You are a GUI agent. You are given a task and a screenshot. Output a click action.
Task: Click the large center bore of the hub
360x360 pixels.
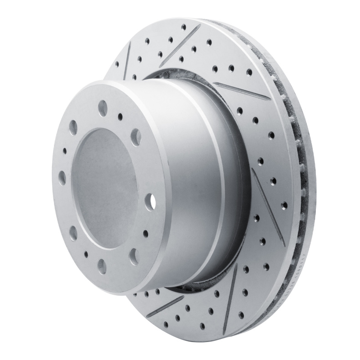pos(104,187)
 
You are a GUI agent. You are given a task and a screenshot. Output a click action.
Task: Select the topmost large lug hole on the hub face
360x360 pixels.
pos(103,108)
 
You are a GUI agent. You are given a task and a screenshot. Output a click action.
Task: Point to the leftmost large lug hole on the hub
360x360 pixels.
pos(62,177)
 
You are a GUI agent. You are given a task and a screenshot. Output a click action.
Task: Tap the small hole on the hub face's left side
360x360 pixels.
pos(64,151)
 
